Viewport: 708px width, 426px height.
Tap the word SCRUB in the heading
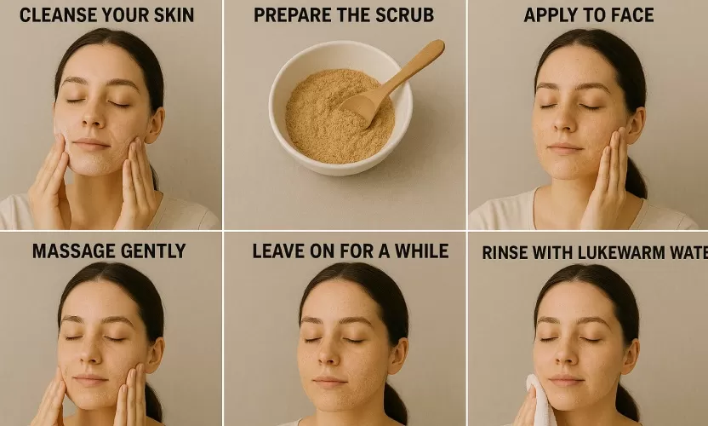(x=404, y=14)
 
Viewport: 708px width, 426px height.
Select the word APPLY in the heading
(x=548, y=14)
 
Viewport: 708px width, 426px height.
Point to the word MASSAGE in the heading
(x=73, y=251)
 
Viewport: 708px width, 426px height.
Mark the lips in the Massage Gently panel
(x=91, y=381)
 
